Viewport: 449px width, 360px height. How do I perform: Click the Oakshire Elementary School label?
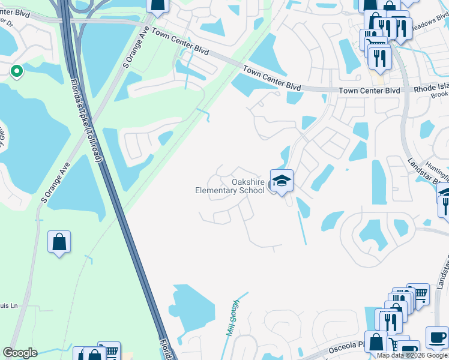[230, 186]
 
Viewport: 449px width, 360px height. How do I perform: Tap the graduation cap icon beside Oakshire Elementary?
[281, 179]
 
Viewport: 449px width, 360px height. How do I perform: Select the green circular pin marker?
[16, 72]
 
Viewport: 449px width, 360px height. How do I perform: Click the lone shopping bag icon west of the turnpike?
[59, 242]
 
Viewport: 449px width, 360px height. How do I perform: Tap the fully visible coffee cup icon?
[436, 337]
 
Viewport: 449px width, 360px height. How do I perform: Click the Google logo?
[20, 353]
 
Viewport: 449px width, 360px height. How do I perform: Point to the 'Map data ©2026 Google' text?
[412, 355]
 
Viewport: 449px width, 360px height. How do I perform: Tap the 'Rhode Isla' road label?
[431, 89]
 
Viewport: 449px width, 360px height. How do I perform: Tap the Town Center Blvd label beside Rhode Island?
[369, 91]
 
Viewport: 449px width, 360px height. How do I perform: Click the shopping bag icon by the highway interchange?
[157, 5]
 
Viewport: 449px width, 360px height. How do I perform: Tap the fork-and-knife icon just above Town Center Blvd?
[379, 57]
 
